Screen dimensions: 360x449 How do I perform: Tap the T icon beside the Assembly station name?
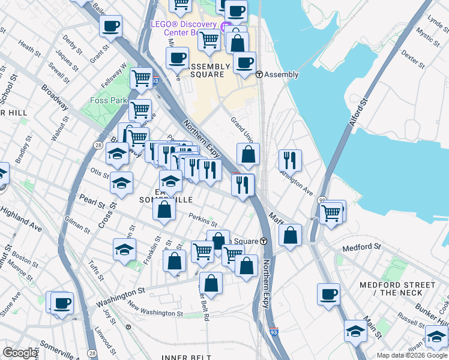259,74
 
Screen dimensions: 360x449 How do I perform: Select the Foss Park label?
108,100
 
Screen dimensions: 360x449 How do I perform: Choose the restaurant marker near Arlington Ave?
290,160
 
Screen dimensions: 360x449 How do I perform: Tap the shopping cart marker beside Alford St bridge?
331,212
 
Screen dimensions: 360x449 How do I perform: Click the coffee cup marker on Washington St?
61,302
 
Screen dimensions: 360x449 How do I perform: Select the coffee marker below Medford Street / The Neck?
328,294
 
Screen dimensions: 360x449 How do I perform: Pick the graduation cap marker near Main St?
355,331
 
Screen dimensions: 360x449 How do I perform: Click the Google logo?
20,353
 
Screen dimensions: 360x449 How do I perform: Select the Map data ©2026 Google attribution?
411,355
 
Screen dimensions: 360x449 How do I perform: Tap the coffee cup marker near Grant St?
110,26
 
